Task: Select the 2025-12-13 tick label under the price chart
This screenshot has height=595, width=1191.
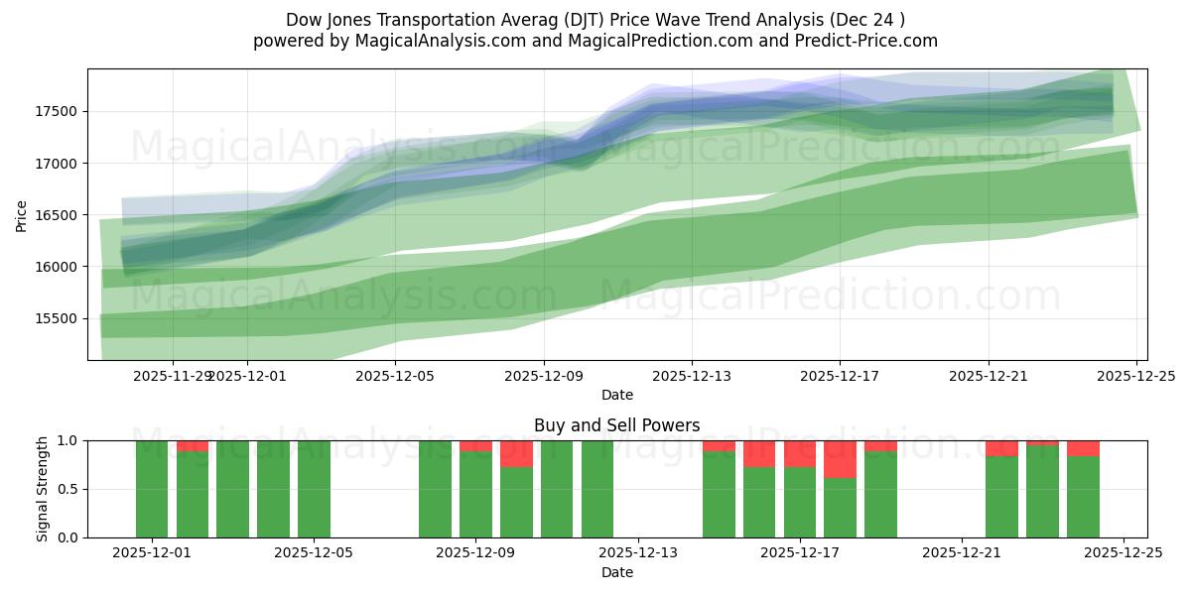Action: pos(692,376)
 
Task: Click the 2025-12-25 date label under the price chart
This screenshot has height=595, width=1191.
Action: pos(1136,376)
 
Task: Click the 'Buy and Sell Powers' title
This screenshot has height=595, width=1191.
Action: pos(616,425)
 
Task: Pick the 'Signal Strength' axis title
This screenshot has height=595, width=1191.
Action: pos(43,489)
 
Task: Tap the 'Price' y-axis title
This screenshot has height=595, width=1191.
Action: pos(22,215)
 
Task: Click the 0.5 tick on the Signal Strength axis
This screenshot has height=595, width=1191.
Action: pos(69,489)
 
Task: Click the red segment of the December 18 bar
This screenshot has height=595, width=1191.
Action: pos(840,459)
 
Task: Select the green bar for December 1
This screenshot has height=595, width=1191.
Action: pos(152,489)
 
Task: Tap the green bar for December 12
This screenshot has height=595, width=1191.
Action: pos(597,489)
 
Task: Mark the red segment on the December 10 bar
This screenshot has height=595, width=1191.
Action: pos(516,453)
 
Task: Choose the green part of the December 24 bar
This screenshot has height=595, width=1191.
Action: pos(1083,497)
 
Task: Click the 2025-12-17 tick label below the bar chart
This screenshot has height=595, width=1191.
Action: pos(799,553)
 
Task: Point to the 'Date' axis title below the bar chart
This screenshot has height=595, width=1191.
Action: pos(616,572)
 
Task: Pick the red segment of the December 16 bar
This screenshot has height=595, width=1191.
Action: pos(759,453)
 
